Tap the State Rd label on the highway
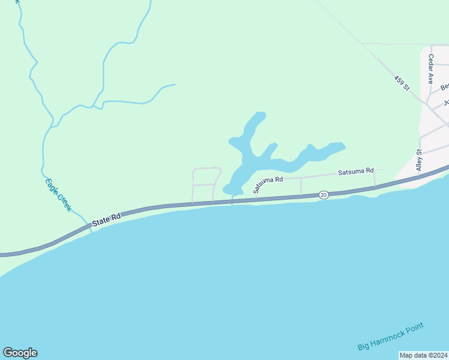tap(107, 219)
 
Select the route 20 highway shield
tap(324, 195)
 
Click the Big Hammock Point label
tap(391, 337)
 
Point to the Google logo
tap(20, 353)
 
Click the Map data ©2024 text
tap(423, 355)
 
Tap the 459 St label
tap(402, 83)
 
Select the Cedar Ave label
tap(431, 68)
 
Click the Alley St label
tap(420, 161)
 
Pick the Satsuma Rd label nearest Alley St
tap(355, 172)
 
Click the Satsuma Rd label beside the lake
tap(268, 181)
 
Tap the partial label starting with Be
tap(445, 87)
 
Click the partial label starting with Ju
tap(446, 103)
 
